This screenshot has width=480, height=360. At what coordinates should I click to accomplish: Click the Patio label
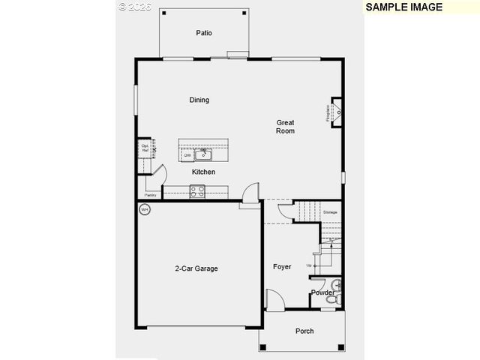[x=204, y=33]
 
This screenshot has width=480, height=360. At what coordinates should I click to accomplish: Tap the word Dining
[x=199, y=100]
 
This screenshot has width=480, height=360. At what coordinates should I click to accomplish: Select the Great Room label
[x=285, y=127]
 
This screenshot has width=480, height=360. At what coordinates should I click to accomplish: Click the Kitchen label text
[x=203, y=172]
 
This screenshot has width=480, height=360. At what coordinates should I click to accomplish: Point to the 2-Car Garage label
[x=196, y=268]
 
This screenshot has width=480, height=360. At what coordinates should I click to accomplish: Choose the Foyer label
[x=282, y=267]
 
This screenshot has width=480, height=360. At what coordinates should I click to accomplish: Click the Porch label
[x=304, y=331]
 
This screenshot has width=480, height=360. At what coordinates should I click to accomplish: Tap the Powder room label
[x=322, y=292]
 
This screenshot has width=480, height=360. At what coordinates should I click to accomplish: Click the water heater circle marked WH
[x=145, y=209]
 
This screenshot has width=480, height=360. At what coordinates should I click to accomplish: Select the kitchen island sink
[x=203, y=154]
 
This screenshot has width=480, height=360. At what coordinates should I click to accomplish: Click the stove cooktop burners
[x=197, y=191]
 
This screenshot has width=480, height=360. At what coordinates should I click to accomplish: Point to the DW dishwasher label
[x=187, y=155]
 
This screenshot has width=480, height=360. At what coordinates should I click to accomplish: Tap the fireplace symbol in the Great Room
[x=335, y=113]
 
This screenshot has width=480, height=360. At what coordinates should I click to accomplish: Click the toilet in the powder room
[x=337, y=286]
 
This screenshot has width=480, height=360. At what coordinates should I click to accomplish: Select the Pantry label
[x=151, y=195]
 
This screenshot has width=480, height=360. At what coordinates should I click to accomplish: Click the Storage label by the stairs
[x=330, y=213]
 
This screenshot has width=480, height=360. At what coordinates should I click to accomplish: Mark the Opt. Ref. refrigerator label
[x=145, y=148]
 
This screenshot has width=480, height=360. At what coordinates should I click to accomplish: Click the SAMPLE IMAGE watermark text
[x=403, y=7]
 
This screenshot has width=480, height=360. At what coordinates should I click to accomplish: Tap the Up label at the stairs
[x=309, y=265]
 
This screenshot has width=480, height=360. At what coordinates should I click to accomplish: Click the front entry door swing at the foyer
[x=274, y=301]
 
